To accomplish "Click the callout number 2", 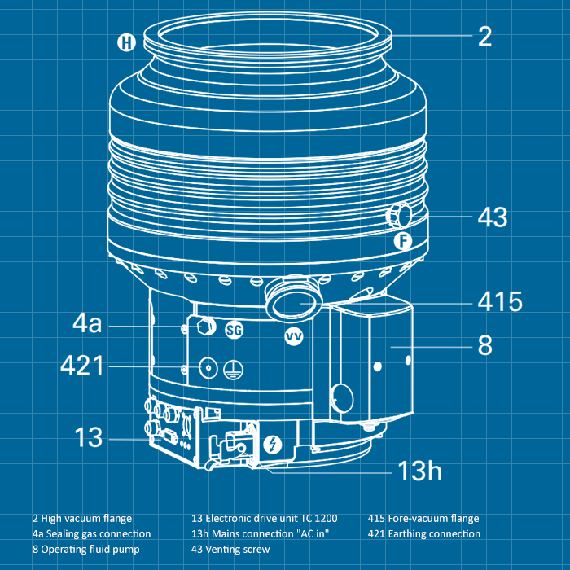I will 484,36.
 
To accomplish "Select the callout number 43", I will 492,217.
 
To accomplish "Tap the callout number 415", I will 499,302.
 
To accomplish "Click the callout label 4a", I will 87,324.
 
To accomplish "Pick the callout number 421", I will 82,366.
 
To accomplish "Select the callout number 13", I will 90,437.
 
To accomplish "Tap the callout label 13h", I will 419,470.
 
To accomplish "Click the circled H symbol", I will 125,42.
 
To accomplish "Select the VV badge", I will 293,335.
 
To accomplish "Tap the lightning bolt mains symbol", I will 274,445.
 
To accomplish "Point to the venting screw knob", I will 397,217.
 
